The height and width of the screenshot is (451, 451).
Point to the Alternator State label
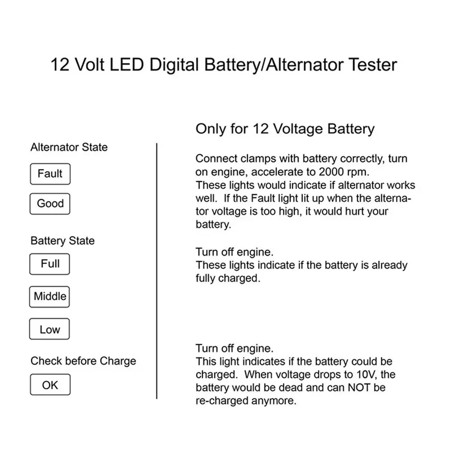[x=69, y=147]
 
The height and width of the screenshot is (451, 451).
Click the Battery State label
[x=63, y=241]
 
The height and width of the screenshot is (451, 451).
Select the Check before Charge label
[x=84, y=361]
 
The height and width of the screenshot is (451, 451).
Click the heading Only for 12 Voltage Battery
[x=285, y=129]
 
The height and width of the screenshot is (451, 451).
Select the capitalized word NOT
[x=359, y=388]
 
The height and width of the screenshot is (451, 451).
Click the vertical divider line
[x=157, y=271]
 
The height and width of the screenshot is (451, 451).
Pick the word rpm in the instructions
[x=358, y=172]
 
